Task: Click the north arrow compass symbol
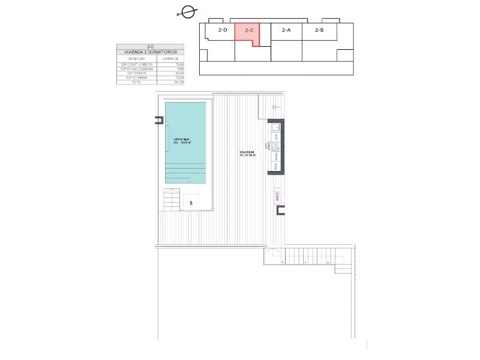point(188,11)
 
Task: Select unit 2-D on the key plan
point(223,30)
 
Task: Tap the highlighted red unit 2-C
point(249,31)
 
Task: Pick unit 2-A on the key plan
point(286,30)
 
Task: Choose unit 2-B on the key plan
point(319,30)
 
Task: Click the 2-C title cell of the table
point(151,46)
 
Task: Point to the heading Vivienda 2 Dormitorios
point(151,52)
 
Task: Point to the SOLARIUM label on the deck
point(247,154)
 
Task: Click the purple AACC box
point(277,197)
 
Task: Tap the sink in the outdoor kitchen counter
point(276,127)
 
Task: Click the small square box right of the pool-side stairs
point(191,203)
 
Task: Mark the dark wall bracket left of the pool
point(159,120)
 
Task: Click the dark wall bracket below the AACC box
point(280,210)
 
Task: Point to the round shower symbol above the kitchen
point(275,107)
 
